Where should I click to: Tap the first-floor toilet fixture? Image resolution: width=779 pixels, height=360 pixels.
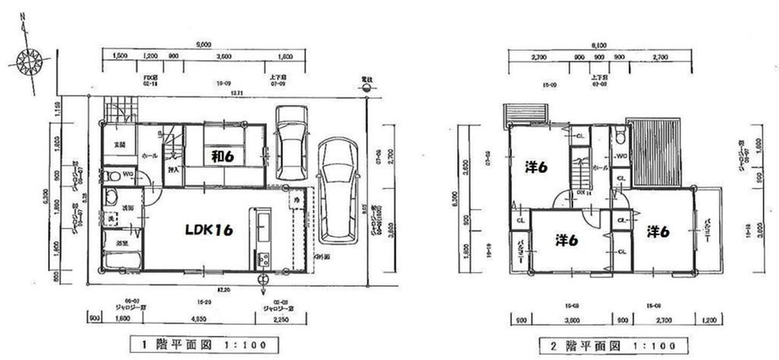(111, 175)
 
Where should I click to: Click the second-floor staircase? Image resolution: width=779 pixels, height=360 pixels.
(580, 168)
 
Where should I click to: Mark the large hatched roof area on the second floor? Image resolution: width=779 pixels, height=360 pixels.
(656, 152)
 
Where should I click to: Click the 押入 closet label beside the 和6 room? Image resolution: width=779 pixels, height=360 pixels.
(174, 169)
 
